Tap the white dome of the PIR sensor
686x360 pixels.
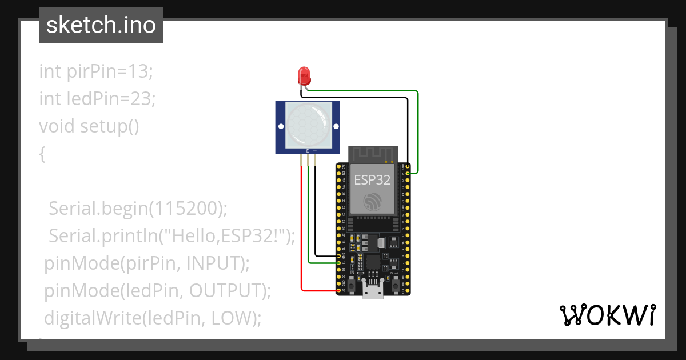(x=308, y=123)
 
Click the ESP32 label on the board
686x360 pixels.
(x=372, y=179)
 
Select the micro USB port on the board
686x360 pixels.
(x=373, y=292)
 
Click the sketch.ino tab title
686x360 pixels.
(x=101, y=25)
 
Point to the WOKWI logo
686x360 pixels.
(x=607, y=315)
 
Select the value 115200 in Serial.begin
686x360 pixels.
(x=185, y=209)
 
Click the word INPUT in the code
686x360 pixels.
(x=215, y=263)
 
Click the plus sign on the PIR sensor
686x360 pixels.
(x=301, y=150)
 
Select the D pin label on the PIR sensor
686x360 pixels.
(x=308, y=150)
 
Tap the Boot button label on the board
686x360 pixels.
(x=394, y=274)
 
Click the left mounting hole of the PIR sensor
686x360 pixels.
(x=281, y=126)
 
